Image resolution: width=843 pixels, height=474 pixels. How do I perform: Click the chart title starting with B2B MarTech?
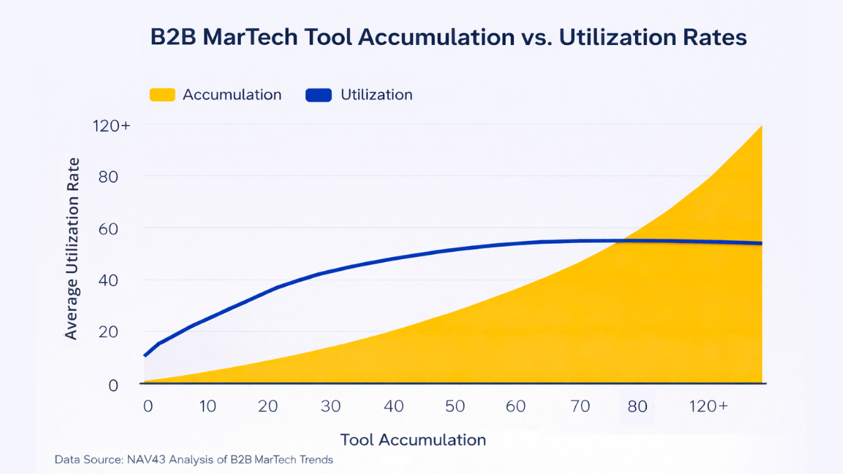(x=448, y=37)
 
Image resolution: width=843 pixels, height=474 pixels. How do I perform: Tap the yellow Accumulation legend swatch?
(x=162, y=95)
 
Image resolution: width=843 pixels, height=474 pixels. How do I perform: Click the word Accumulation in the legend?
(x=232, y=95)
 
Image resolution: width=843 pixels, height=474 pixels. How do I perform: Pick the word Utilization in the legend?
(x=377, y=95)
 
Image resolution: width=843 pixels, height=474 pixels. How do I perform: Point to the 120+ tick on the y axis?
(x=111, y=126)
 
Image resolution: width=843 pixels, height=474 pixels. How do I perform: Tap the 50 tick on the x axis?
(x=455, y=407)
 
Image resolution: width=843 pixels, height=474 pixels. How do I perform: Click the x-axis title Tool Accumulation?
(x=413, y=440)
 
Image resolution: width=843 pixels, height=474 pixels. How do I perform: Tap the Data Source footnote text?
(x=194, y=460)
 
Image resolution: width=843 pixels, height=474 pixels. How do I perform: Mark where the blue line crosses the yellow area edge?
(x=616, y=241)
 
